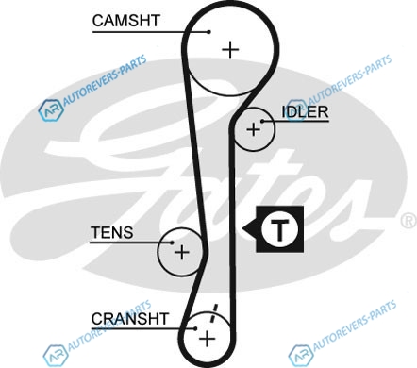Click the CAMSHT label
point(126,21)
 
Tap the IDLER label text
point(305,111)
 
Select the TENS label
point(112,233)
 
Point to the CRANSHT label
point(130,319)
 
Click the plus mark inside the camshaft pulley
point(230,49)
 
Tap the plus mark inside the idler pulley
point(253,129)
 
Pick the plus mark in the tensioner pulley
point(182,252)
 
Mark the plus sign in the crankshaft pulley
point(208,339)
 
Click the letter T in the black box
point(279,229)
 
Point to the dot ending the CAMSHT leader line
point(208,32)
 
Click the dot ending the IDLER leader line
point(262,121)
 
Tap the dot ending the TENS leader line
point(172,243)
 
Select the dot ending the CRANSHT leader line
point(195,328)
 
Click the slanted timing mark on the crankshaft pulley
point(213,313)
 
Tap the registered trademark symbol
point(409,221)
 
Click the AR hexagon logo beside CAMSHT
point(51,109)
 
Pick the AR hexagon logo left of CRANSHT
point(56,356)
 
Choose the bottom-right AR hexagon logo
point(301,356)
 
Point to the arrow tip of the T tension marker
point(242,228)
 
